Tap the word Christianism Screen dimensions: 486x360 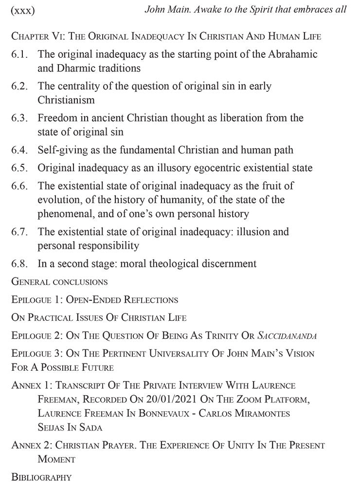click(x=67, y=100)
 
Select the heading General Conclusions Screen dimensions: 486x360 click(x=59, y=281)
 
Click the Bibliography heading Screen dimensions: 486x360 click(x=41, y=477)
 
